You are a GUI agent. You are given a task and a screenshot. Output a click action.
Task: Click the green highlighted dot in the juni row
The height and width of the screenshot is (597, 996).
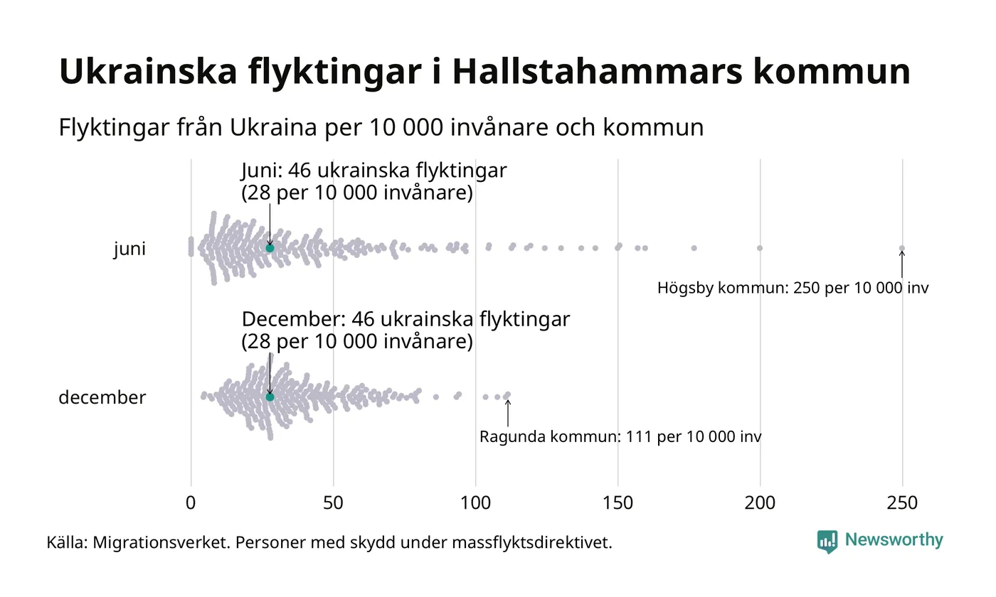(270, 248)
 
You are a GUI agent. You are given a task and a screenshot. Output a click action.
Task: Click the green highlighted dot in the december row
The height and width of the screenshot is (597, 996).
(270, 397)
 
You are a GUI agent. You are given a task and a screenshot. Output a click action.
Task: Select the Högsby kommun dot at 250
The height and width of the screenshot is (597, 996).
(902, 248)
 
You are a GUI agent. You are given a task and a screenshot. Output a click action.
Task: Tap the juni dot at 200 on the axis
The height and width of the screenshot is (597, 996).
(760, 248)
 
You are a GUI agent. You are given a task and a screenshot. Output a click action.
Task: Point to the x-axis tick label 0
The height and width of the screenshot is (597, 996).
(191, 503)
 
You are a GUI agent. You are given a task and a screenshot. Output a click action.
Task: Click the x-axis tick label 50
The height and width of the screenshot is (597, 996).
(333, 503)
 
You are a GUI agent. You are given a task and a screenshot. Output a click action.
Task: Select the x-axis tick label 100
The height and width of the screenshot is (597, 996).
(475, 503)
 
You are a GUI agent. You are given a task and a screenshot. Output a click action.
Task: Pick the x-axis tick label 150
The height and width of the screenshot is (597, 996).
(618, 503)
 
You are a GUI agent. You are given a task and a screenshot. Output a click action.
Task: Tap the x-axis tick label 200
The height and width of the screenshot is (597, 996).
(760, 503)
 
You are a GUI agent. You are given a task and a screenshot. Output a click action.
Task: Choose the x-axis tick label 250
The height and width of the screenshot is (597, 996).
(902, 503)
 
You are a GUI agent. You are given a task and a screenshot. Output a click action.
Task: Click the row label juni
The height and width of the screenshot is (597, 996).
(129, 249)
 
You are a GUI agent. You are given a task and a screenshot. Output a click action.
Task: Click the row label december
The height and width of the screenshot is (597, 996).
(102, 397)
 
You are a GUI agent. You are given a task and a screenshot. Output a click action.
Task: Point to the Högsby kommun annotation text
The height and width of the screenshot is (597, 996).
(793, 289)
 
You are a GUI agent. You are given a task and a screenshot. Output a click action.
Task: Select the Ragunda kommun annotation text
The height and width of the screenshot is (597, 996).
(620, 437)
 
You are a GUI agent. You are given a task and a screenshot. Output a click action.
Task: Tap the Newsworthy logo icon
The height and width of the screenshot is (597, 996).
(827, 542)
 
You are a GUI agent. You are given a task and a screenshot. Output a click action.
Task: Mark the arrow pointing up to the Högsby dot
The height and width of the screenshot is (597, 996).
(902, 264)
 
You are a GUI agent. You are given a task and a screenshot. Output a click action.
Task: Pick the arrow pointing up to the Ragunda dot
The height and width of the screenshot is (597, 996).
(507, 413)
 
